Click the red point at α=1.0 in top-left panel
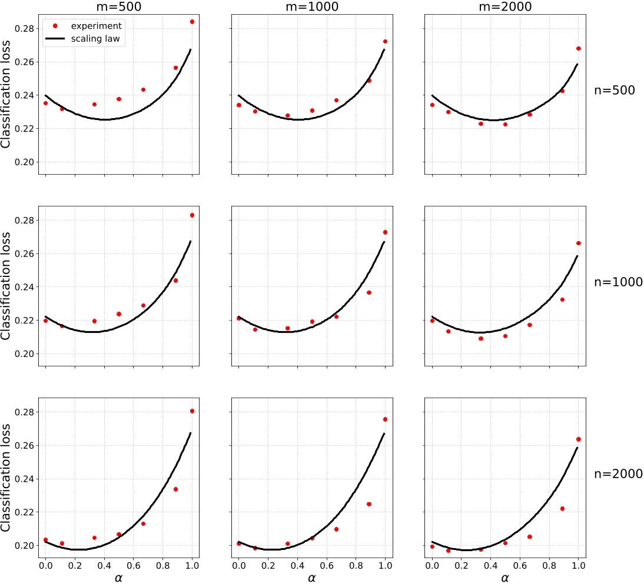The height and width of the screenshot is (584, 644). pos(192,22)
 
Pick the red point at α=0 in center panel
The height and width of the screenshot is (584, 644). pos(239,318)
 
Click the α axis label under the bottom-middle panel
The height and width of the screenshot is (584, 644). pos(311,578)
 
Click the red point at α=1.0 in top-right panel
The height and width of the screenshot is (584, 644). pos(578,49)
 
